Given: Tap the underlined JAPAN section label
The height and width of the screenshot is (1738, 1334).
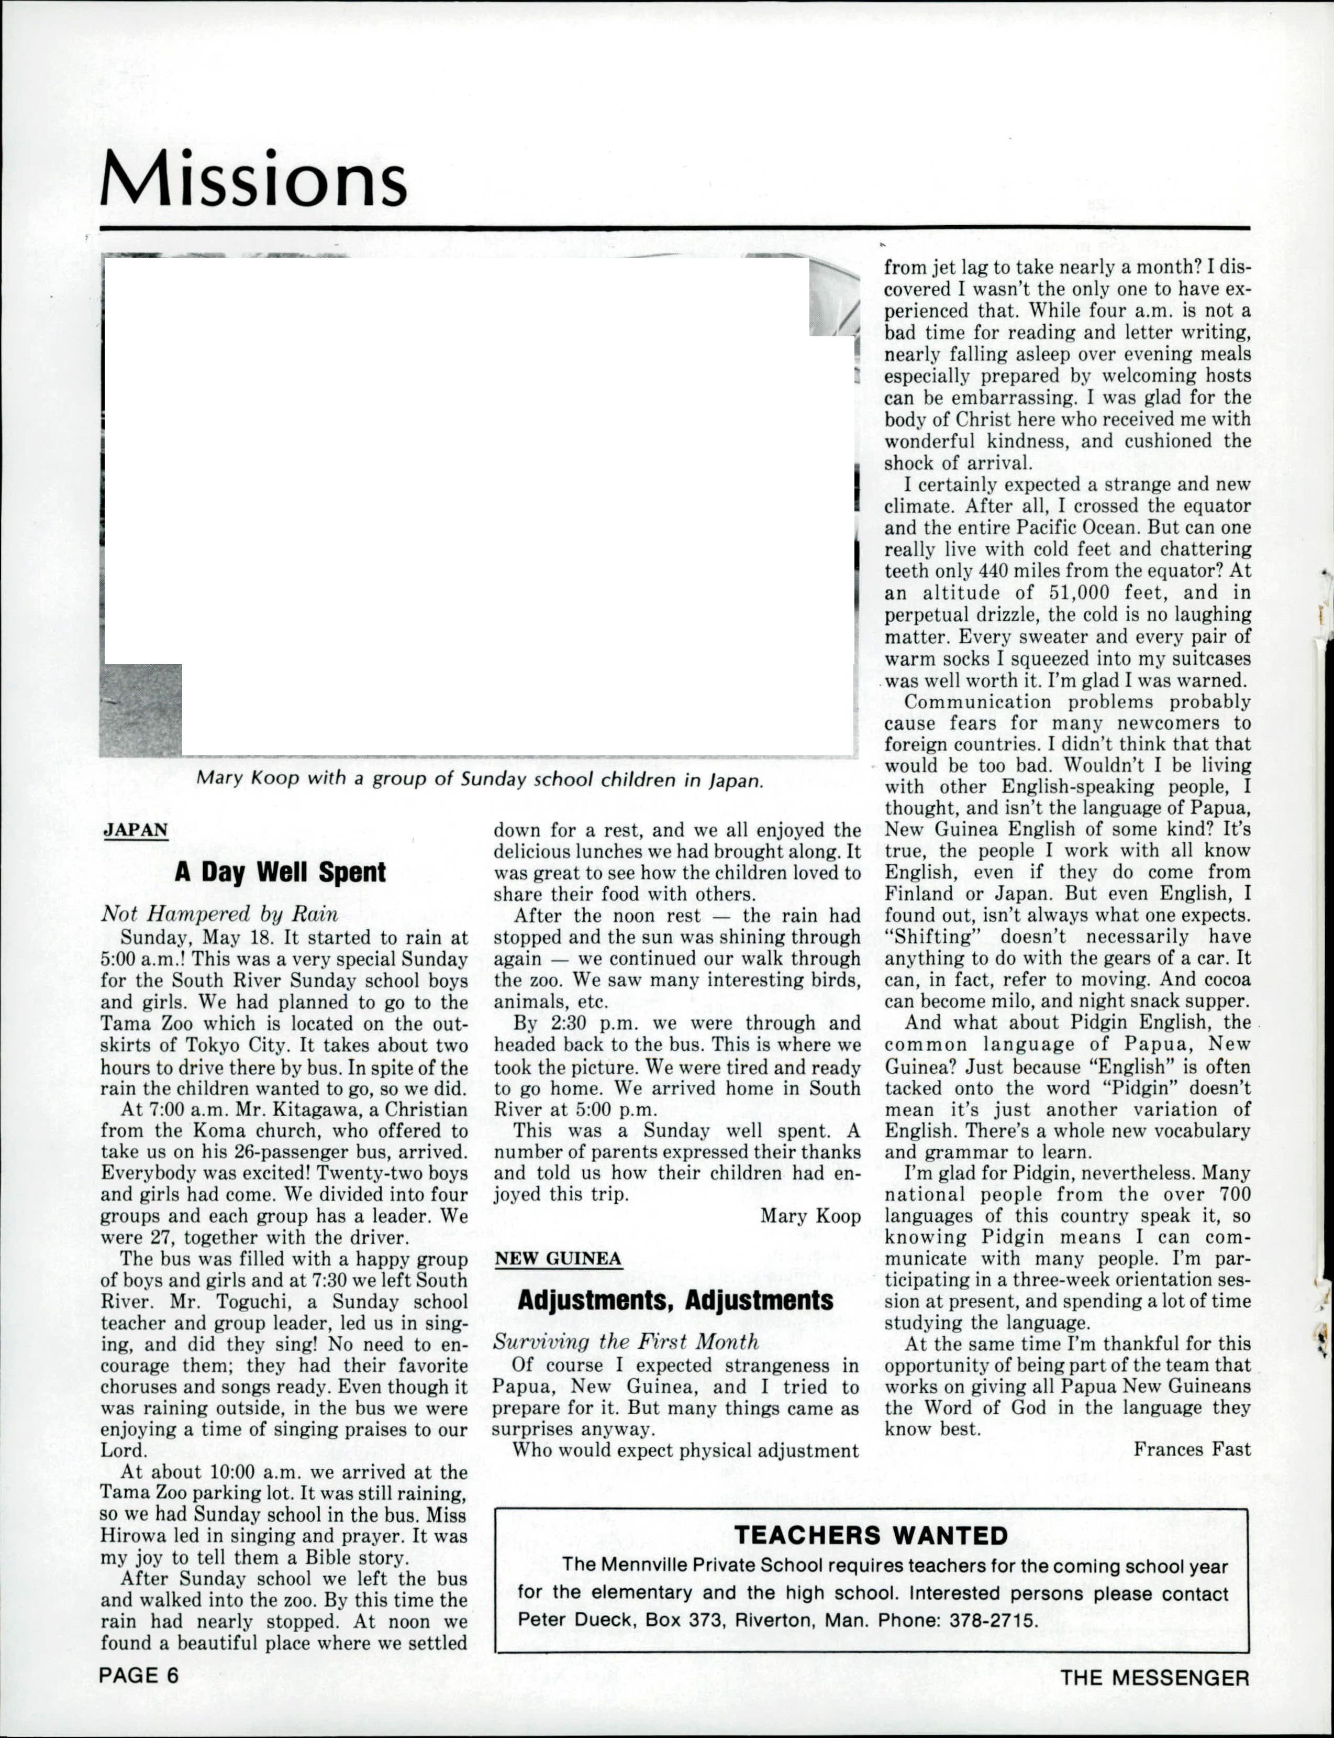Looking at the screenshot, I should coord(136,830).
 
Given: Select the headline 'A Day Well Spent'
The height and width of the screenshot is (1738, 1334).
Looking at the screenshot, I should coord(280,872).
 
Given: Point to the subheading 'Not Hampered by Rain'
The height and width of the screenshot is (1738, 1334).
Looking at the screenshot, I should coord(219,914).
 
